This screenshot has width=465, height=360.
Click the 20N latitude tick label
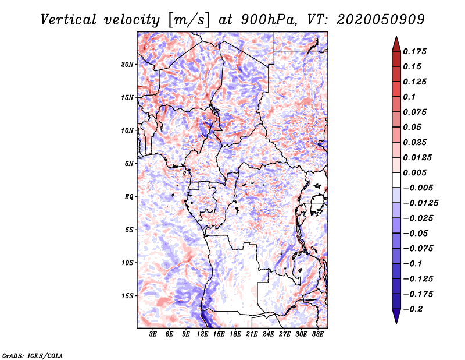coord(127,64)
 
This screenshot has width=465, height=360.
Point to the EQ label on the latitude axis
coord(129,196)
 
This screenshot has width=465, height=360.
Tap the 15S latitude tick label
coord(127,296)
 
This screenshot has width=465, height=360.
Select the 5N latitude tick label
coord(129,164)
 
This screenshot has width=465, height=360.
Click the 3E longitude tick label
coord(153,334)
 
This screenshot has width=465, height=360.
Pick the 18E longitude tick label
coord(235,334)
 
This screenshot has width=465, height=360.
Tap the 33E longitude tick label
coord(317,334)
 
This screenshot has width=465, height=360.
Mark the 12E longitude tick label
coord(202,334)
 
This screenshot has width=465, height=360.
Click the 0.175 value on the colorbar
coord(414,51)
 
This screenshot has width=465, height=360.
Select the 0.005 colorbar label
coord(414,172)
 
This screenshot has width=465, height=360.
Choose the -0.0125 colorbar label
coord(420,203)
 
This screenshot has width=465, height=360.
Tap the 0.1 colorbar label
coord(409,97)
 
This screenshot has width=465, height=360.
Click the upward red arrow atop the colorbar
coord(396,44)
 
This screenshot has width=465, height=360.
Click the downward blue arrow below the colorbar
coord(396,316)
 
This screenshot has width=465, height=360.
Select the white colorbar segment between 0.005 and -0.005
coord(396,180)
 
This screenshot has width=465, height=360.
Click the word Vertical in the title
coord(69,20)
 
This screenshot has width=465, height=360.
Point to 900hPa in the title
coord(269,20)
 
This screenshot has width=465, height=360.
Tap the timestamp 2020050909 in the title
coord(381,20)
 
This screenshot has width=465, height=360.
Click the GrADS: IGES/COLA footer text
coord(33,355)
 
